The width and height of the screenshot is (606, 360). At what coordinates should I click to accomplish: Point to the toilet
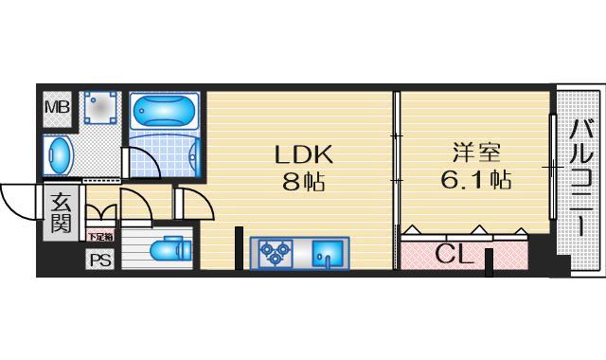(170, 249)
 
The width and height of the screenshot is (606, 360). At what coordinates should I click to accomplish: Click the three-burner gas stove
(276, 252)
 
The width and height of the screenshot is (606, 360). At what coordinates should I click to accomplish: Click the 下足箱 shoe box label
(99, 236)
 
